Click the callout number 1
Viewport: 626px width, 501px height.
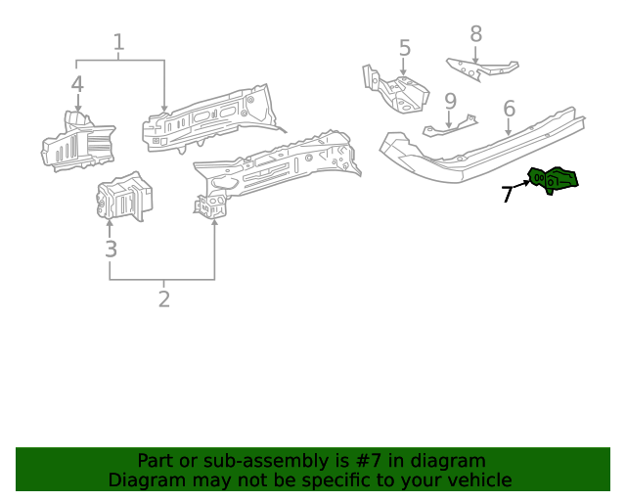118,43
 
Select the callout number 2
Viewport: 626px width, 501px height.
163,299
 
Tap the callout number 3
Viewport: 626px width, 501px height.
111,249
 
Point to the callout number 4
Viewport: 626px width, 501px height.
77,84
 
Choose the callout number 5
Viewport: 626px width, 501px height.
404,48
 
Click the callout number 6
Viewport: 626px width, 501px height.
509,108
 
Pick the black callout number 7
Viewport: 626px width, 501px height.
507,195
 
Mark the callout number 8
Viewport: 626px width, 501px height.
475,34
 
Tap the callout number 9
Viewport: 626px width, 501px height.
450,101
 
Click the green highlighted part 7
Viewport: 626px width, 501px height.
554,179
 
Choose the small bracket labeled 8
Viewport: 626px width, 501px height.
481,68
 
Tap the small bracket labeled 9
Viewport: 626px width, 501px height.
450,127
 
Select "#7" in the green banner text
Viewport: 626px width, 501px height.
367,460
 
